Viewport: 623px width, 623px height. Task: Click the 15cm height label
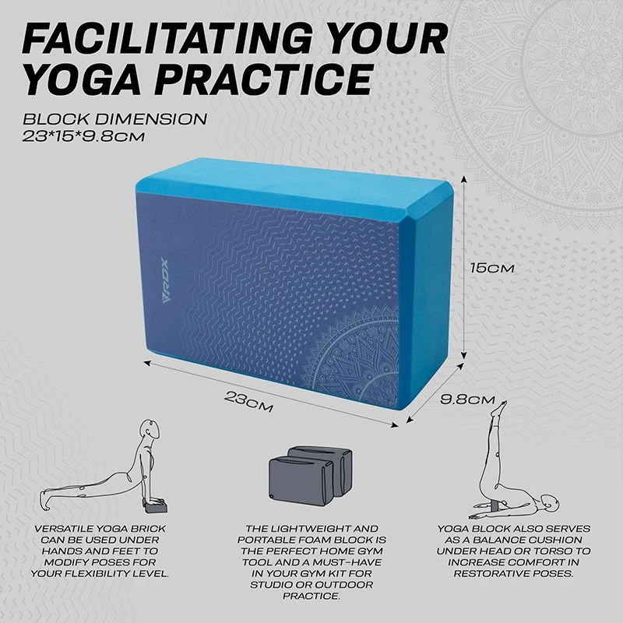click(x=491, y=267)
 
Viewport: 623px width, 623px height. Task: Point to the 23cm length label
click(x=248, y=400)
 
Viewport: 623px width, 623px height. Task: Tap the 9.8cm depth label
click(x=467, y=400)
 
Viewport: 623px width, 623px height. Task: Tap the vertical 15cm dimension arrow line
click(x=464, y=265)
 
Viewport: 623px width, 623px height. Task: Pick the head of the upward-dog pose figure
click(x=147, y=431)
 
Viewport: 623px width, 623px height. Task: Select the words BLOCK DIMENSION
click(x=114, y=120)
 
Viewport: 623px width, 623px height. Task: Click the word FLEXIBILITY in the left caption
click(x=109, y=573)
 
